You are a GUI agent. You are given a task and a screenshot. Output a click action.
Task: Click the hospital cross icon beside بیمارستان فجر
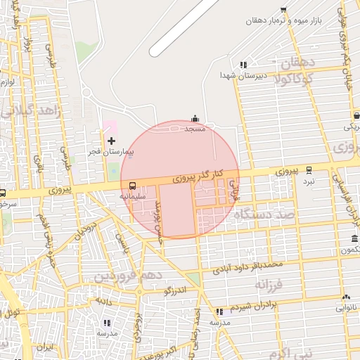tap(111, 141)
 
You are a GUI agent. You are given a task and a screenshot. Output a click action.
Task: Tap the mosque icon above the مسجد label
tap(195, 119)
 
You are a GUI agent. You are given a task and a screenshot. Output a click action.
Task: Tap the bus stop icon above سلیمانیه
tap(133, 186)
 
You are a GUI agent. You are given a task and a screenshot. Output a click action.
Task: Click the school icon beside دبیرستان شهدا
tap(243, 64)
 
